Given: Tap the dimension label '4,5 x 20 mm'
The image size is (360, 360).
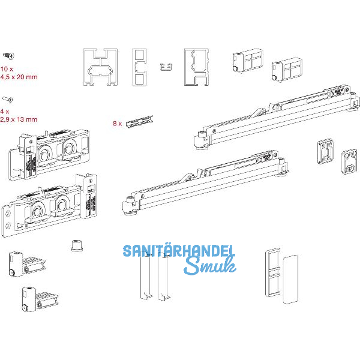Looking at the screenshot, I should pos(19,76).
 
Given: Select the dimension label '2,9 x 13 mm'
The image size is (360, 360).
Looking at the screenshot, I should pos(19,119).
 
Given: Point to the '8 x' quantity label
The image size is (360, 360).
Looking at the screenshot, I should pos(117,124).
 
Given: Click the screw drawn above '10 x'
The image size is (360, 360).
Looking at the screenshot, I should pos(9,56).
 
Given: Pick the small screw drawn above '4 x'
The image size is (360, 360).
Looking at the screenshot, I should pos(8,99).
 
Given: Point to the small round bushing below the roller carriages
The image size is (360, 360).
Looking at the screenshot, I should pos(76,245).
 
